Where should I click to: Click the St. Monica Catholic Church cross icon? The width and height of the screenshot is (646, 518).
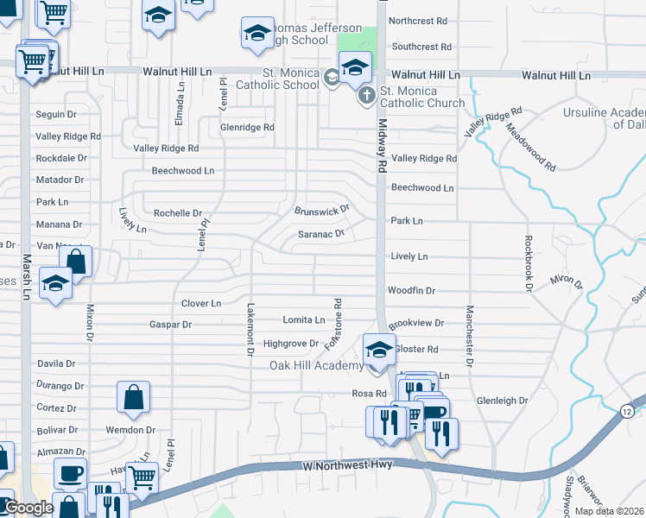366,94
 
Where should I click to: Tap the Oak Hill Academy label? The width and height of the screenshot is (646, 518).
317,366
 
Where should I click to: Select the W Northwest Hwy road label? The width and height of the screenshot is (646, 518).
347,465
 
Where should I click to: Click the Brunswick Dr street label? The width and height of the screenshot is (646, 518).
321,210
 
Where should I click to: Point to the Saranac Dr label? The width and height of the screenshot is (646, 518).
321,233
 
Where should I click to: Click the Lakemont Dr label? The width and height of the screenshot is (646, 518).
250,329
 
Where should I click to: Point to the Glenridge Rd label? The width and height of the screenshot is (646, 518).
247,127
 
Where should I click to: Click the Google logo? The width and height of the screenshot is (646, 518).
28,508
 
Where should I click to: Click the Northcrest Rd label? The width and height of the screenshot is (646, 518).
418,20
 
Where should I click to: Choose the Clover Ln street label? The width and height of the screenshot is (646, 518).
201,304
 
